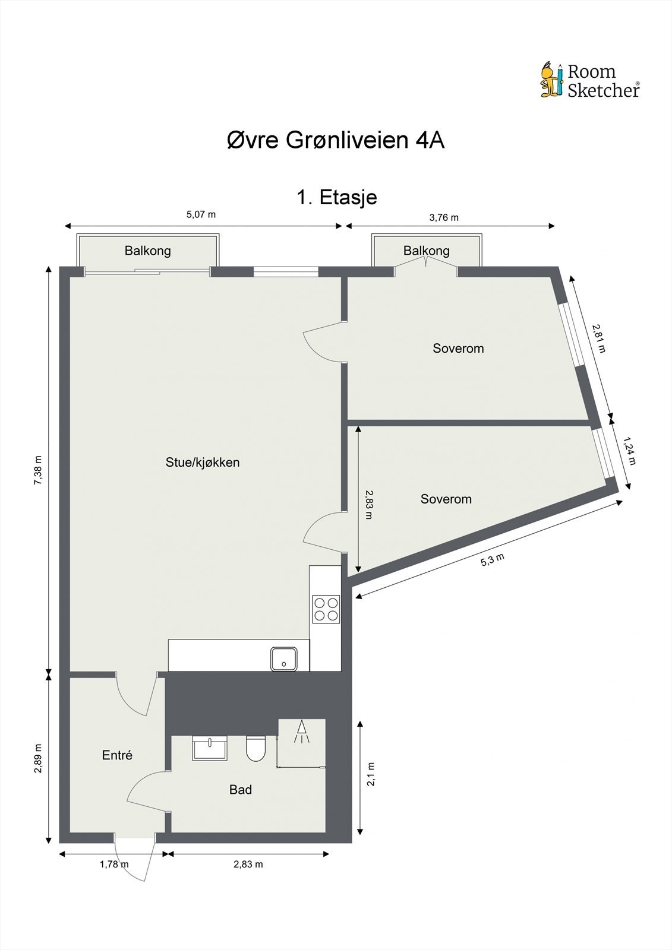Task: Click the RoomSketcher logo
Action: pyautogui.click(x=589, y=80)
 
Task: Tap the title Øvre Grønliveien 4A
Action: pyautogui.click(x=336, y=141)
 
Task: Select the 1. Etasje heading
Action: pyautogui.click(x=336, y=197)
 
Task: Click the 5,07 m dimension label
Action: pyautogui.click(x=201, y=214)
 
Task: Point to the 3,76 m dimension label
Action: pyautogui.click(x=444, y=217)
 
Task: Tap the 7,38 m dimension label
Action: pyautogui.click(x=38, y=471)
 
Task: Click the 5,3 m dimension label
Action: pyautogui.click(x=493, y=559)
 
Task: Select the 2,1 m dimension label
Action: pyautogui.click(x=371, y=774)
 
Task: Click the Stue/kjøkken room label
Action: pyautogui.click(x=203, y=463)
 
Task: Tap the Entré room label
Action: pyautogui.click(x=117, y=755)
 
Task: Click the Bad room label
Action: pyautogui.click(x=241, y=790)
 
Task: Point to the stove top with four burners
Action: pyautogui.click(x=326, y=609)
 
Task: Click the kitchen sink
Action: pyautogui.click(x=284, y=658)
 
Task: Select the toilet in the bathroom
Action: pyautogui.click(x=256, y=749)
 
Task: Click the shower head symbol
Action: pyautogui.click(x=301, y=731)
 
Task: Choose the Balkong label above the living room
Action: pyautogui.click(x=148, y=251)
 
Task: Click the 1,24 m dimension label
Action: pyautogui.click(x=629, y=451)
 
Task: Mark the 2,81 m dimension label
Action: pyautogui.click(x=598, y=338)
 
